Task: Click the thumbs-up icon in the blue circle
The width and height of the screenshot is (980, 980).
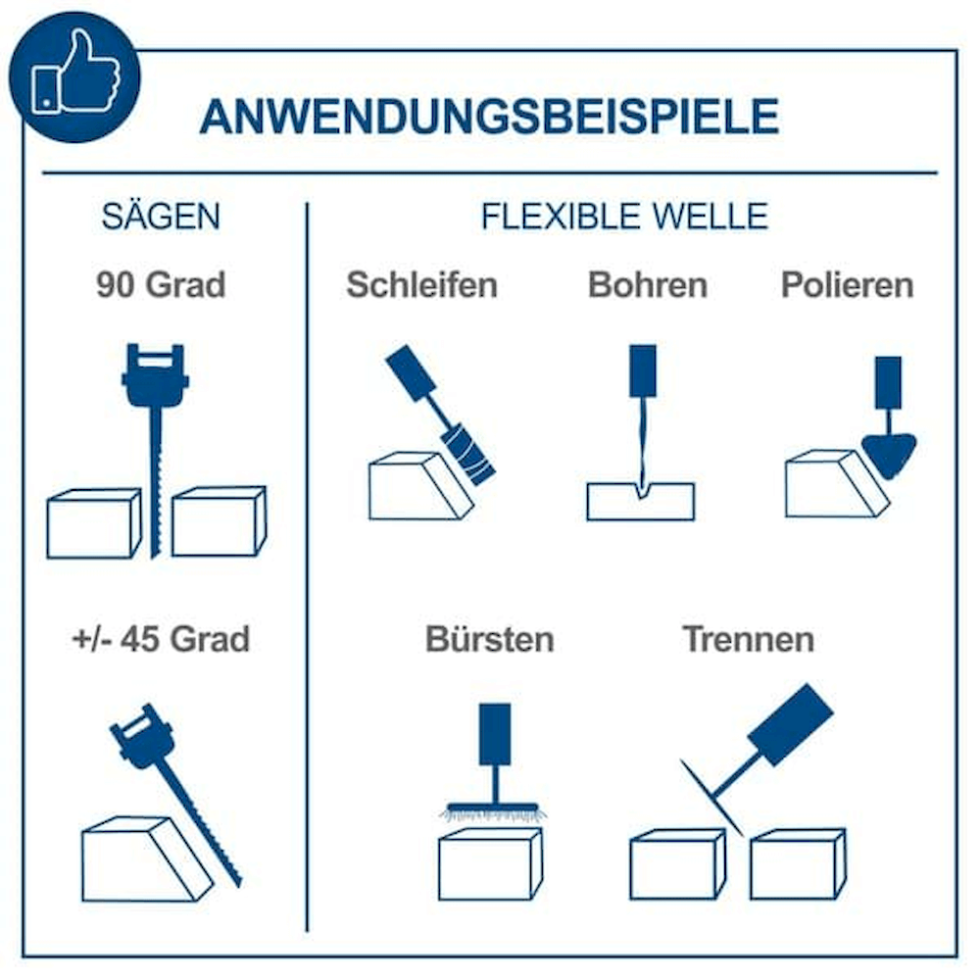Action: point(75,73)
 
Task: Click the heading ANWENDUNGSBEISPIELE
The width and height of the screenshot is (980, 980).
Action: point(489,117)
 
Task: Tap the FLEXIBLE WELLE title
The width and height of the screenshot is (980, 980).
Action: point(624,217)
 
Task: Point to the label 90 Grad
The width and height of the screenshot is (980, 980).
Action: point(161,285)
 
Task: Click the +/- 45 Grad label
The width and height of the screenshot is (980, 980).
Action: point(162,639)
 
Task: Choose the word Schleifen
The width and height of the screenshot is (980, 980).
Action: point(421,285)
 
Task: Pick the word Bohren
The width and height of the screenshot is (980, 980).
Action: point(648,285)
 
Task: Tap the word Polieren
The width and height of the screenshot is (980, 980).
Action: point(848,285)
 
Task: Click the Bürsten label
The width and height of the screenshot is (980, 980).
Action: point(490,639)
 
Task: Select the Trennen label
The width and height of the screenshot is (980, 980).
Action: point(749,639)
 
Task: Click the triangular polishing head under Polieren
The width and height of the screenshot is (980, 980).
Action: point(889,453)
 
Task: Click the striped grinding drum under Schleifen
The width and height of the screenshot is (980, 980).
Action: point(468,455)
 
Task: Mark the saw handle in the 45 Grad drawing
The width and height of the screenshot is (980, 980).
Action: point(141,736)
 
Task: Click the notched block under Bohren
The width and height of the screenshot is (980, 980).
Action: point(641,501)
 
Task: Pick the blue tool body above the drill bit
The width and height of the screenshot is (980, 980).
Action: point(643,370)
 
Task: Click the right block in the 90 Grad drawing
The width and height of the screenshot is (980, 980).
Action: point(219,521)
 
